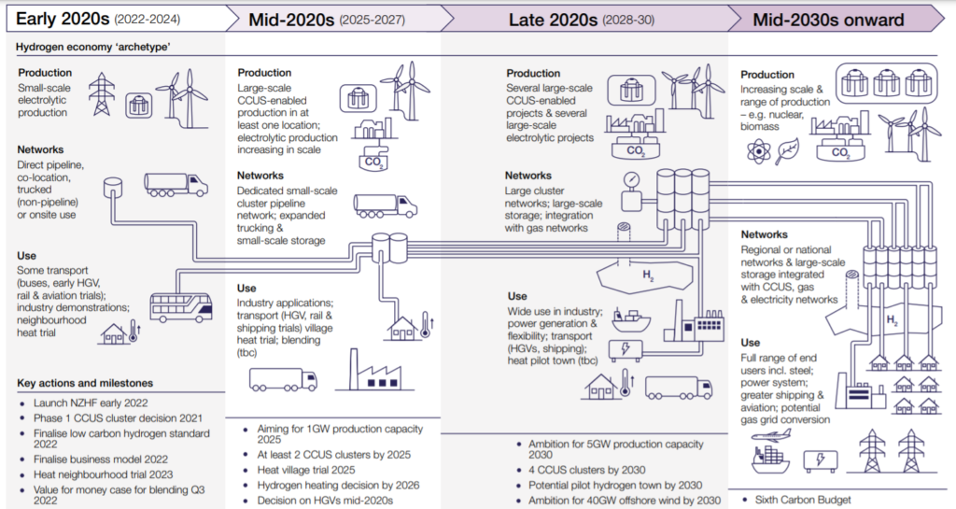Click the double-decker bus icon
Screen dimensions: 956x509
tap(181, 308)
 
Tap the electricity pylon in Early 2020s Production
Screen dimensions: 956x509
tap(101, 94)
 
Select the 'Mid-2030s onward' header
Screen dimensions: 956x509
tap(828, 20)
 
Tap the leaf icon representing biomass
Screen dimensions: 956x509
tap(787, 151)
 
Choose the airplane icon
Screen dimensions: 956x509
tap(771, 435)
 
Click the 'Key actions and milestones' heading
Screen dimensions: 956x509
tap(85, 383)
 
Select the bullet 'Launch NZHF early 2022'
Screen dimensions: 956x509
tap(91, 403)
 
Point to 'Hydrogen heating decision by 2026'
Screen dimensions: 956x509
tap(338, 486)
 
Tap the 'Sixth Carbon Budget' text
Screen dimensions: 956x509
tap(803, 500)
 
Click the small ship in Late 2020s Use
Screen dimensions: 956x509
tap(631, 319)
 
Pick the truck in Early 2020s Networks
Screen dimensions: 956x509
tap(176, 185)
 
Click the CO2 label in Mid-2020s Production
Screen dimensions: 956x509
tap(373, 162)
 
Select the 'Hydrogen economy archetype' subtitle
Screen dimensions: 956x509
tap(93, 47)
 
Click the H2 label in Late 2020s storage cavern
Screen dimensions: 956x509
tap(648, 276)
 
